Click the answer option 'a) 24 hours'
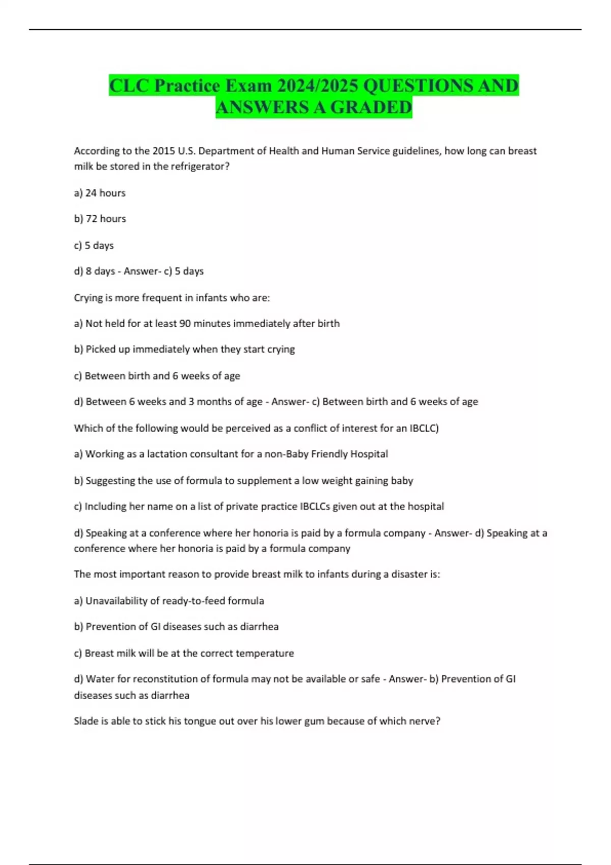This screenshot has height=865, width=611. [100, 193]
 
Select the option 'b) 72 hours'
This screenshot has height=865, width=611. [100, 219]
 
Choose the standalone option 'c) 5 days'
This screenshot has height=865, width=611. [94, 245]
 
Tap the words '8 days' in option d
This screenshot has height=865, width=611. [100, 271]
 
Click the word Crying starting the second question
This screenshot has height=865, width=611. [88, 298]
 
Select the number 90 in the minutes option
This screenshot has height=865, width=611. [185, 324]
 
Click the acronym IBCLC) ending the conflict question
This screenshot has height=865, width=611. [424, 428]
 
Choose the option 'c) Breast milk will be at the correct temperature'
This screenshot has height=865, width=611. [184, 653]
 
